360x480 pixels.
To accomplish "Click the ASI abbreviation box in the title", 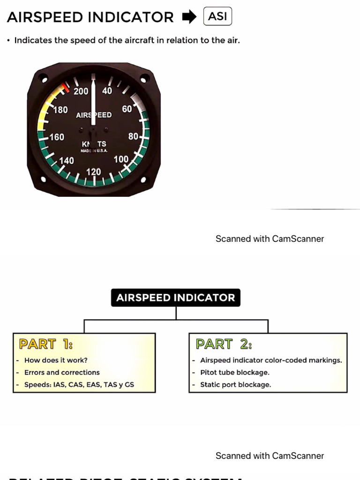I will coord(217,17).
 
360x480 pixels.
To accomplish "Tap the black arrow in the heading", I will coord(189,17).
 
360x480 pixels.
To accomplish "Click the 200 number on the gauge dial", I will coord(81,91).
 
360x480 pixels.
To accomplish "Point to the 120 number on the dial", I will coord(93,172).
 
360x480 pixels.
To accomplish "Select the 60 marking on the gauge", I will coord(127,109).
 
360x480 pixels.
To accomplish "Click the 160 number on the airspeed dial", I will coord(57,137).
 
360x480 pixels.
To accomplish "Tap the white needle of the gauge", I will coord(93,103).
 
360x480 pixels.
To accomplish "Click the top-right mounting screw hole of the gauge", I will coord(144,78).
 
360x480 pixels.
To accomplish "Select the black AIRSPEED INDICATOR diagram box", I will coord(175,298).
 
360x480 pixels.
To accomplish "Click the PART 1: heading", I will coord(45,344).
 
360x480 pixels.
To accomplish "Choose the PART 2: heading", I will coord(224,344).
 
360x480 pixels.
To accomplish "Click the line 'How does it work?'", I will coord(56,360).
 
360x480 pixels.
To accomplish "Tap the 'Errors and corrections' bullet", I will coord(62,373).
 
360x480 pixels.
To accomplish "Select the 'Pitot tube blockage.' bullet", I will coord(234,373).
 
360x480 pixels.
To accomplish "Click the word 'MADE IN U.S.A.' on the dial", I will coord(94,150).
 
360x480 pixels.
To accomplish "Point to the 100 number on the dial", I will coord(121,159).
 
